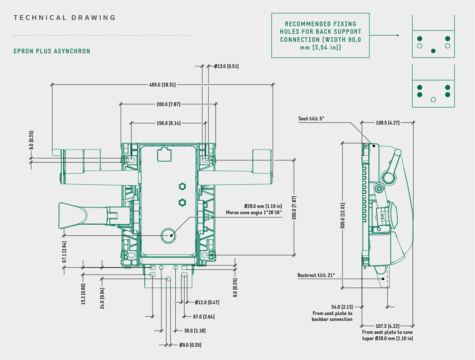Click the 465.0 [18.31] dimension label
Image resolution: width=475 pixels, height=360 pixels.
162,85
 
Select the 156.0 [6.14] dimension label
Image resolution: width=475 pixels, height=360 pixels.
169,123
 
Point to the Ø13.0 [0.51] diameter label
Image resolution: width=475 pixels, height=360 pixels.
226,66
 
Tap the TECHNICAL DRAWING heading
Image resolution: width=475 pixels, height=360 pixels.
65,18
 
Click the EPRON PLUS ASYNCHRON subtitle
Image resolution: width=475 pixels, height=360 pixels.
52,51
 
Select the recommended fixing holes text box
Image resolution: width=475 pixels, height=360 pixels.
320,36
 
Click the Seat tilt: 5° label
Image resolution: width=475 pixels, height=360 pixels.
311,119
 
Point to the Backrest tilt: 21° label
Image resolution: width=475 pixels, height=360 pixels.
316,275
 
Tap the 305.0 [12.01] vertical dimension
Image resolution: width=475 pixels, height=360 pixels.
342,216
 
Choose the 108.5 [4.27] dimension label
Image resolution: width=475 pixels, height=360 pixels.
388,123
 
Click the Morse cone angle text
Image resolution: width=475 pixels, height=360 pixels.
254,213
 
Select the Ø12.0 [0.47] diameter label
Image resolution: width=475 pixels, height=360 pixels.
207,302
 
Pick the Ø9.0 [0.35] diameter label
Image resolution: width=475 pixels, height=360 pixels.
190,345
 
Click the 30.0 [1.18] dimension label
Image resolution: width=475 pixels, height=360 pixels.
195,331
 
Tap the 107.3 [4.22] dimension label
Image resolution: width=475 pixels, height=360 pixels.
388,326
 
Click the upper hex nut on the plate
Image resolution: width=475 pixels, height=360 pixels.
182,187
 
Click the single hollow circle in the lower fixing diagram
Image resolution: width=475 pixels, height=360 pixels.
433,100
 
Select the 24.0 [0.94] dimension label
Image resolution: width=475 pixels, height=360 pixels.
103,298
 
